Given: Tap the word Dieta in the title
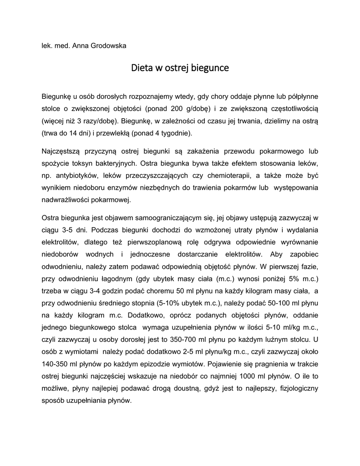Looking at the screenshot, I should point(142,69).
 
